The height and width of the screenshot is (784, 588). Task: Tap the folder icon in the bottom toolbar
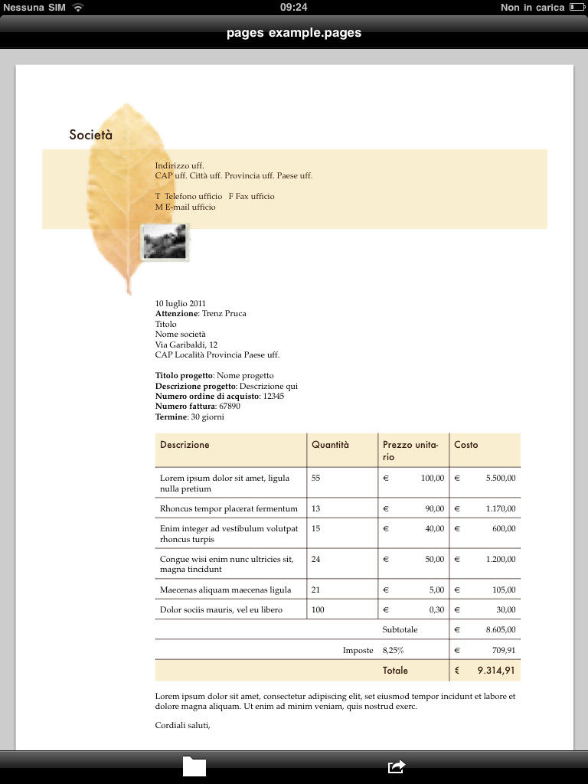pos(194,766)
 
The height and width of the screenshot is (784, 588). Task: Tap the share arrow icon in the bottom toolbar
pos(396,766)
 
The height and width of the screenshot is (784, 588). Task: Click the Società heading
pos(90,135)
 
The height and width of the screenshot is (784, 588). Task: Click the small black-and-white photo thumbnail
pos(165,243)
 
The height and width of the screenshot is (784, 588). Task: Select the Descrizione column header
pos(185,445)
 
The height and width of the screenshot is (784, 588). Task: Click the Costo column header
pos(465,445)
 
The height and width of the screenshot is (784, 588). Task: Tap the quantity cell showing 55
pos(316,478)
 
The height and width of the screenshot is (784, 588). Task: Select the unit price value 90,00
pos(434,508)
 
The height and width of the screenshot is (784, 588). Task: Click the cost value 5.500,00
pos(500,478)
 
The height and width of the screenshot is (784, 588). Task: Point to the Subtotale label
pos(400,629)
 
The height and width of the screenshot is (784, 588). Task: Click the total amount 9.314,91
pos(496,670)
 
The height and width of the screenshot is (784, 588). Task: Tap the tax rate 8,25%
pos(393,650)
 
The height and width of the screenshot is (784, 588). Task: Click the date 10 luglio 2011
pos(181,303)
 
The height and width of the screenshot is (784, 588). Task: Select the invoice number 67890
pos(229,407)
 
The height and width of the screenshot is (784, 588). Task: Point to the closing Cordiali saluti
pos(182,725)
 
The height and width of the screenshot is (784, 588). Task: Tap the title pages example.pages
pos(294,33)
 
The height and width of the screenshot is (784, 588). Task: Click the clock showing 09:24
pos(294,7)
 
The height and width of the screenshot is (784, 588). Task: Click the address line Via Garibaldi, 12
pos(186,345)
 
